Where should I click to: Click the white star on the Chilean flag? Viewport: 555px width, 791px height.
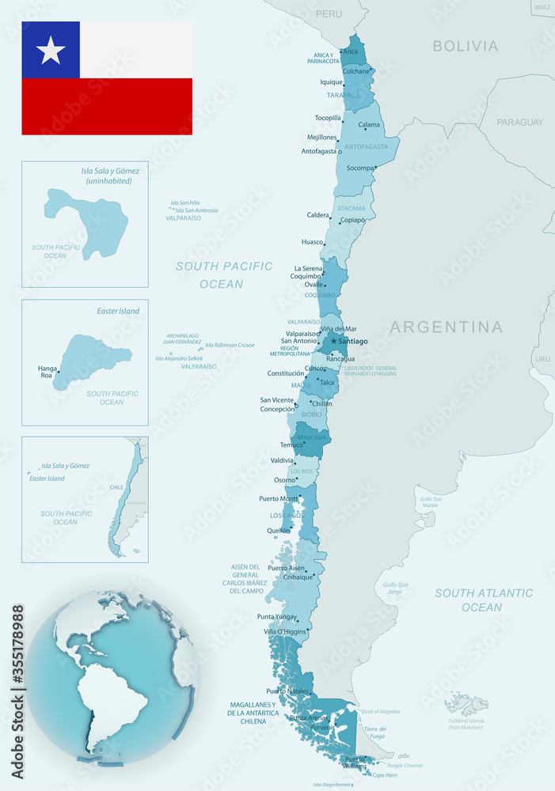click(x=51, y=50)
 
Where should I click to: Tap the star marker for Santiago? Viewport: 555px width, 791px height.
click(x=333, y=341)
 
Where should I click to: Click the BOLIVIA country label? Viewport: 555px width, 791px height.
click(x=466, y=46)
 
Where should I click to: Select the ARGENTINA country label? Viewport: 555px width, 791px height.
click(x=447, y=327)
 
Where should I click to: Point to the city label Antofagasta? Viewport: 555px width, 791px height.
click(x=319, y=151)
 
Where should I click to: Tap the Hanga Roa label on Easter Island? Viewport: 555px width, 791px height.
click(x=47, y=373)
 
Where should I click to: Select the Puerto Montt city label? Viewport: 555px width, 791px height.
click(x=278, y=498)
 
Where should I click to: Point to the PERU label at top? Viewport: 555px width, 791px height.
click(x=329, y=14)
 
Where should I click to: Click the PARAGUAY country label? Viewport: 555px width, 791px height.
click(x=520, y=122)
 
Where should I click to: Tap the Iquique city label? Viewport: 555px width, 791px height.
click(x=331, y=81)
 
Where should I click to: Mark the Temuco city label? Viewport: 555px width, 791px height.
click(x=291, y=445)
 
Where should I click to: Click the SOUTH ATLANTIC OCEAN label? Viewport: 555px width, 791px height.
click(x=483, y=600)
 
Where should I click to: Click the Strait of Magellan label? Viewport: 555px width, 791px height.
click(x=380, y=712)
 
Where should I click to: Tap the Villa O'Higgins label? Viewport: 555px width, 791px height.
click(x=285, y=632)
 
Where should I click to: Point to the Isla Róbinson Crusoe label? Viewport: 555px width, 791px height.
click(x=230, y=345)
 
